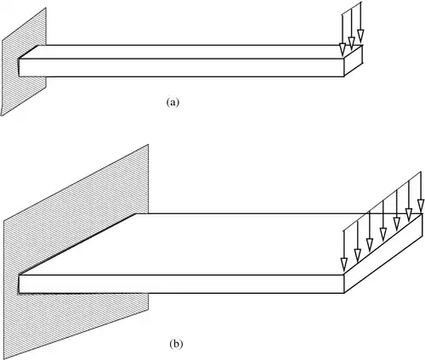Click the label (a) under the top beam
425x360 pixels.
tap(173, 102)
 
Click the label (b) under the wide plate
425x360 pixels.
tap(176, 344)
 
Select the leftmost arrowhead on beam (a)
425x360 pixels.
tap(343, 50)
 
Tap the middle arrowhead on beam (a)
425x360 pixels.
tap(351, 42)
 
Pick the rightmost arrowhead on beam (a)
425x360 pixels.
tap(360, 36)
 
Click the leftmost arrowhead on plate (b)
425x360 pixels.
tap(344, 264)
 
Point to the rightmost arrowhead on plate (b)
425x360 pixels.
tap(421, 205)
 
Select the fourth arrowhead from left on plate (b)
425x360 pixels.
tap(383, 234)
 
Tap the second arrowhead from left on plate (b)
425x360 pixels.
tap(358, 255)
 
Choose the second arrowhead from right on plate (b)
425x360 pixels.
tap(409, 215)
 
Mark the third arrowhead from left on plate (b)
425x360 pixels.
tap(370, 245)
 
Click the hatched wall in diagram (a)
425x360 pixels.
tap(23, 61)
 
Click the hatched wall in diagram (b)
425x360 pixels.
tap(76, 252)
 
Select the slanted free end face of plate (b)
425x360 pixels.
tap(383, 253)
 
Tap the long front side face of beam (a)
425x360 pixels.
tap(181, 68)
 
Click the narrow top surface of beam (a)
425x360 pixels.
tap(190, 52)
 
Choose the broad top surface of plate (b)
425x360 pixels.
tap(221, 244)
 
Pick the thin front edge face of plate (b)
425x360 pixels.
tap(181, 284)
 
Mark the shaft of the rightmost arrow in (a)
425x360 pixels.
tap(361, 15)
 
